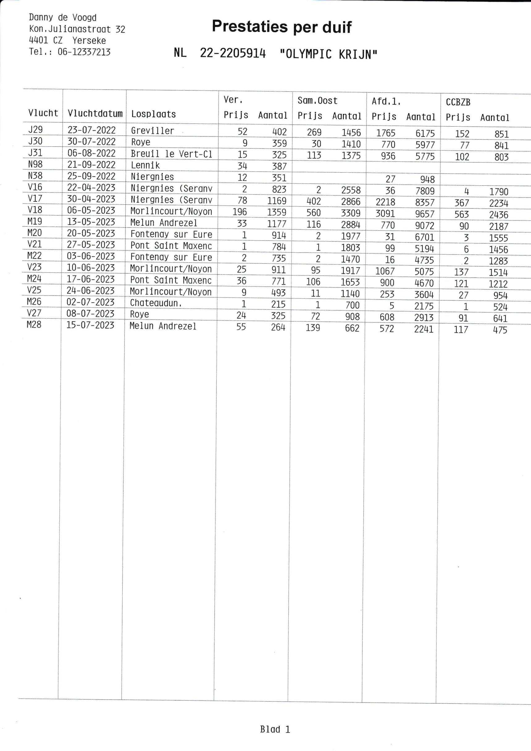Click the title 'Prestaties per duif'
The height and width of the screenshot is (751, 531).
click(x=282, y=27)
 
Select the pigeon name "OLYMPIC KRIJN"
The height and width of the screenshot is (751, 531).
click(x=328, y=54)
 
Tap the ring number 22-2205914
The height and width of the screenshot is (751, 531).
click(x=233, y=53)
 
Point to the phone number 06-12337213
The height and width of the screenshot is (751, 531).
click(x=84, y=52)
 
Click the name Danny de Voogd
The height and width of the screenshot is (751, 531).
click(x=62, y=17)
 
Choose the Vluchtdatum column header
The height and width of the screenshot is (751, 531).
click(x=95, y=114)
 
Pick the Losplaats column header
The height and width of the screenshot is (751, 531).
click(x=153, y=114)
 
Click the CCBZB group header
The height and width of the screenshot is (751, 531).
click(x=458, y=103)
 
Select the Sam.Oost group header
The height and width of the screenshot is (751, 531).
click(x=317, y=101)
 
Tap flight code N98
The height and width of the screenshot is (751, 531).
click(x=35, y=164)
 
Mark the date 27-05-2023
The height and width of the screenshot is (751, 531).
click(x=91, y=245)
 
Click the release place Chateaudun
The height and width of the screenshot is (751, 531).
click(x=156, y=303)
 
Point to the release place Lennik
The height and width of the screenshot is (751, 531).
click(x=145, y=166)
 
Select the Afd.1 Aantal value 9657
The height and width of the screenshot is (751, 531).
click(x=425, y=214)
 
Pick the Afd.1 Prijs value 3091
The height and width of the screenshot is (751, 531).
click(x=385, y=214)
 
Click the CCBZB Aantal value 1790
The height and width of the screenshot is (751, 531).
click(x=499, y=192)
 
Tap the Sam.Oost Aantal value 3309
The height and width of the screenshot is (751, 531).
click(x=350, y=213)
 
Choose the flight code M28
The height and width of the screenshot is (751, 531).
click(x=34, y=325)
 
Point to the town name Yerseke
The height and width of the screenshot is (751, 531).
click(x=89, y=40)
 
